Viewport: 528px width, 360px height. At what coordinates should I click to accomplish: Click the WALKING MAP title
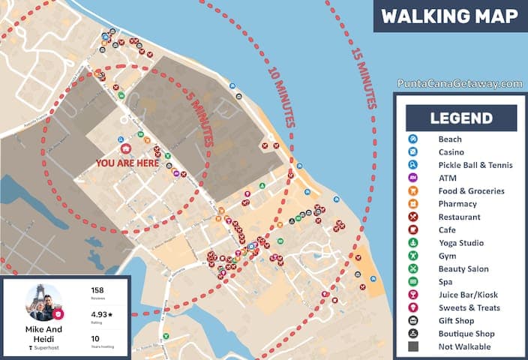(x=449, y=16)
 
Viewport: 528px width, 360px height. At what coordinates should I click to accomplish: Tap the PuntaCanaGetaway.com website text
(x=459, y=84)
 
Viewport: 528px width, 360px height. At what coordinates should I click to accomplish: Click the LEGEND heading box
(x=461, y=118)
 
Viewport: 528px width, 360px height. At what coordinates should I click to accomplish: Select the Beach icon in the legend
(x=412, y=139)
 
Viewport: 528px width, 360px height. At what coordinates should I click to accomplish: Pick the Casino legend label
(x=451, y=152)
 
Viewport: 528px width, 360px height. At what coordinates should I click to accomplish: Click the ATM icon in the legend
(x=412, y=178)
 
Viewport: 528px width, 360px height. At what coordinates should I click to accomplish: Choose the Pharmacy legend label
(x=457, y=204)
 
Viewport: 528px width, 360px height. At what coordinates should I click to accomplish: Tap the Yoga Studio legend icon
(x=412, y=243)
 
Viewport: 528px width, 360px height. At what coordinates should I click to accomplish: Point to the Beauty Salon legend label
(x=463, y=269)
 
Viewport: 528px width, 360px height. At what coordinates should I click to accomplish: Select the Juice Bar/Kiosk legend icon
(x=412, y=295)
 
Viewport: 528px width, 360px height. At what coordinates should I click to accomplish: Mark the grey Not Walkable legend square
(x=412, y=346)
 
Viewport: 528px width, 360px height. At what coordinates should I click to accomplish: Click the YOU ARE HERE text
(x=127, y=162)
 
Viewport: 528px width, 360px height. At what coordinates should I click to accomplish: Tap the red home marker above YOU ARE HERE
(x=126, y=148)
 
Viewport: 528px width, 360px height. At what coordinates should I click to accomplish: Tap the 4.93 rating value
(x=100, y=314)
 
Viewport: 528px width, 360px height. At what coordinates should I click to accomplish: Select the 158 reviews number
(x=97, y=289)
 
